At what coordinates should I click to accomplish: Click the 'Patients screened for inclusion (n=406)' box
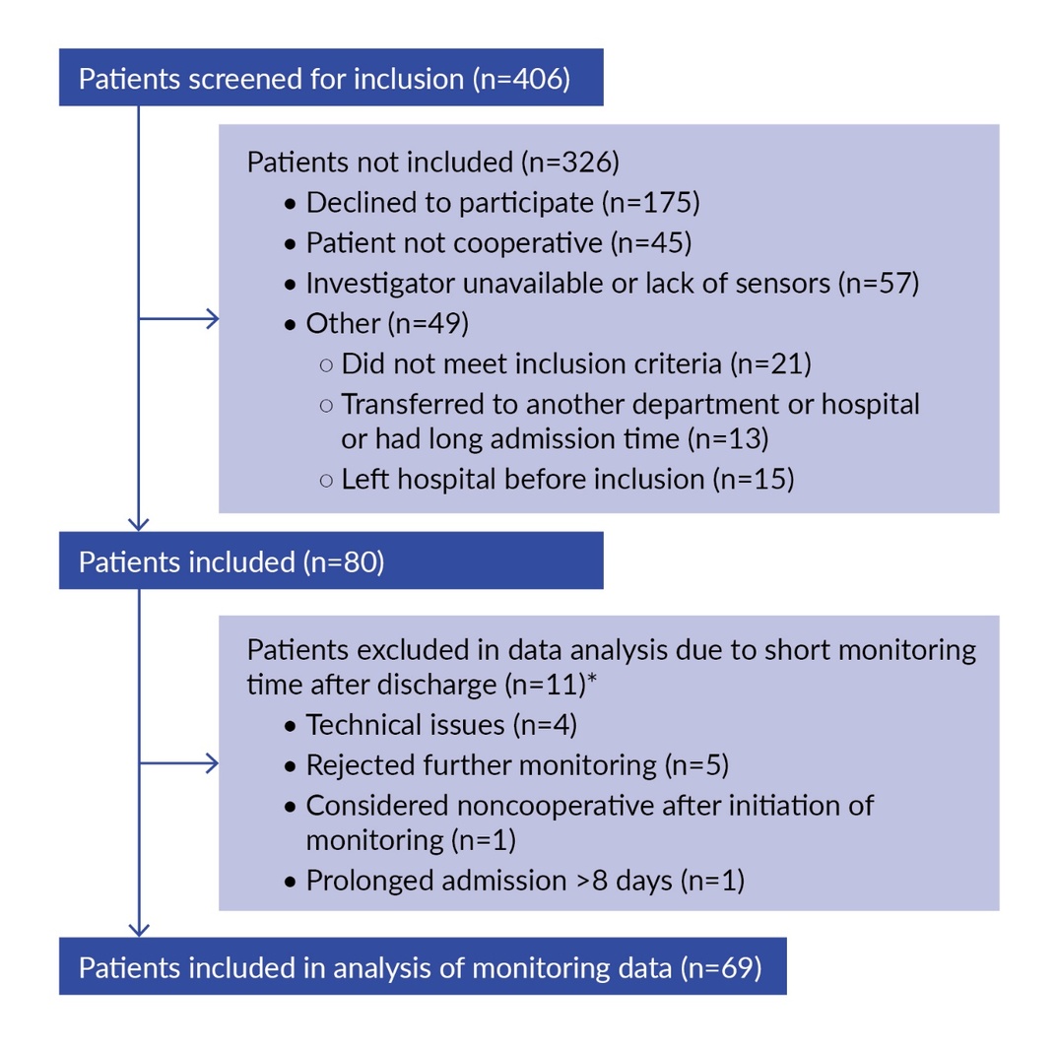[x=331, y=78]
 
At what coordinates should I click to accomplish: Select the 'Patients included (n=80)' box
[x=331, y=560]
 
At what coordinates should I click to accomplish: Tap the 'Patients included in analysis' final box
[x=423, y=966]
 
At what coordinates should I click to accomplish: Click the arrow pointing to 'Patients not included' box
[x=178, y=319]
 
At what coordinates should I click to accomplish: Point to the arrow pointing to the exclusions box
[x=178, y=763]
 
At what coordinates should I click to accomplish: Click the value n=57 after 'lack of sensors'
[x=879, y=284]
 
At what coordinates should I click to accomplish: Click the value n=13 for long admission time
[x=728, y=439]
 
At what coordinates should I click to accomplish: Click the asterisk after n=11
[x=592, y=678]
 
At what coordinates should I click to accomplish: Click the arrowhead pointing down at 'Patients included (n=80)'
[x=139, y=525]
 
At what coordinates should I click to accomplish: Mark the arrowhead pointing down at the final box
[x=139, y=931]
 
